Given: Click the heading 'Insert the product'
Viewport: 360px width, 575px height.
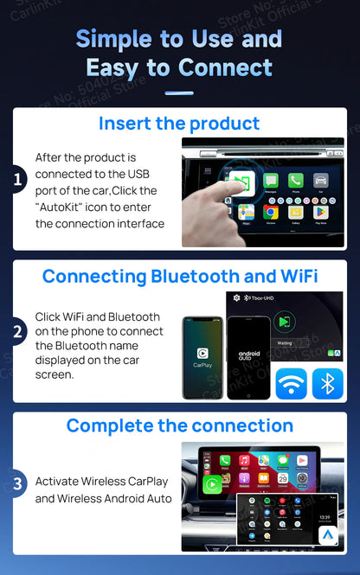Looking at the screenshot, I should click(179, 123).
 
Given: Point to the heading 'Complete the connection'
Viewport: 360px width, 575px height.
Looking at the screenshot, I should click(179, 425).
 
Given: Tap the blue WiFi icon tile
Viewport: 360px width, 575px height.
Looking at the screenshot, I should click(291, 383).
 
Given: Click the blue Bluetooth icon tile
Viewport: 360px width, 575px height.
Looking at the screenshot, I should click(327, 383).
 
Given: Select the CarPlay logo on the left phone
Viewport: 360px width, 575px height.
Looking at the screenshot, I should click(202, 353).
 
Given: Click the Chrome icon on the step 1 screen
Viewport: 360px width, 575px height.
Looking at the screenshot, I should click(270, 211).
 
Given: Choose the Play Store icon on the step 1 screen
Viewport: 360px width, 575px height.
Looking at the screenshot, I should click(320, 211).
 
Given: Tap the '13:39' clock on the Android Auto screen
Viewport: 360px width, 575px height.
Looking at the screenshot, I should click(324, 517).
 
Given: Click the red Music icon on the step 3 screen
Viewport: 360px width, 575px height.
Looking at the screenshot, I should click(244, 459).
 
